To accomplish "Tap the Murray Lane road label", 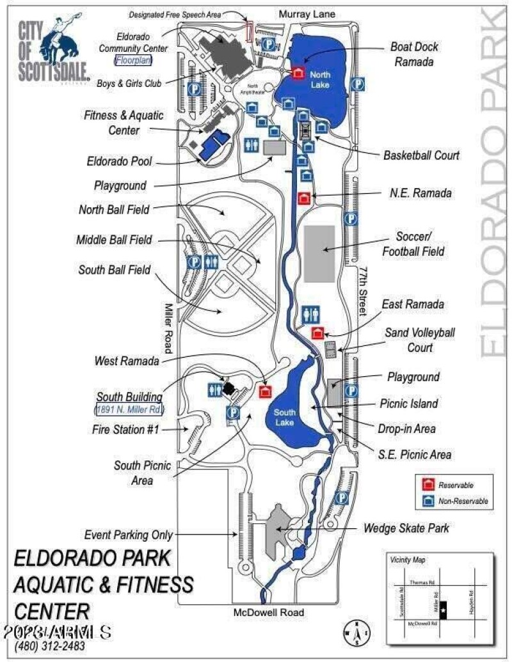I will pos(307,13).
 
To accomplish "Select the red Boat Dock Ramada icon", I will pos(298,74).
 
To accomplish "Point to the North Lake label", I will pos(320,79).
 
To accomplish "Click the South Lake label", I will pos(285,417).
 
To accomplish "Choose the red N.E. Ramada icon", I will pos(305,198).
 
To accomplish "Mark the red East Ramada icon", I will pos(317,333).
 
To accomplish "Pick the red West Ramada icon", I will pos(264,391).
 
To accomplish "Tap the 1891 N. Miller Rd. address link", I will pos(129,409).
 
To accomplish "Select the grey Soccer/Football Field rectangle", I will pos(319,253).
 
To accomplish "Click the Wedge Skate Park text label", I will pos(406,528).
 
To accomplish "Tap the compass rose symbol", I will pos(354,631).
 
